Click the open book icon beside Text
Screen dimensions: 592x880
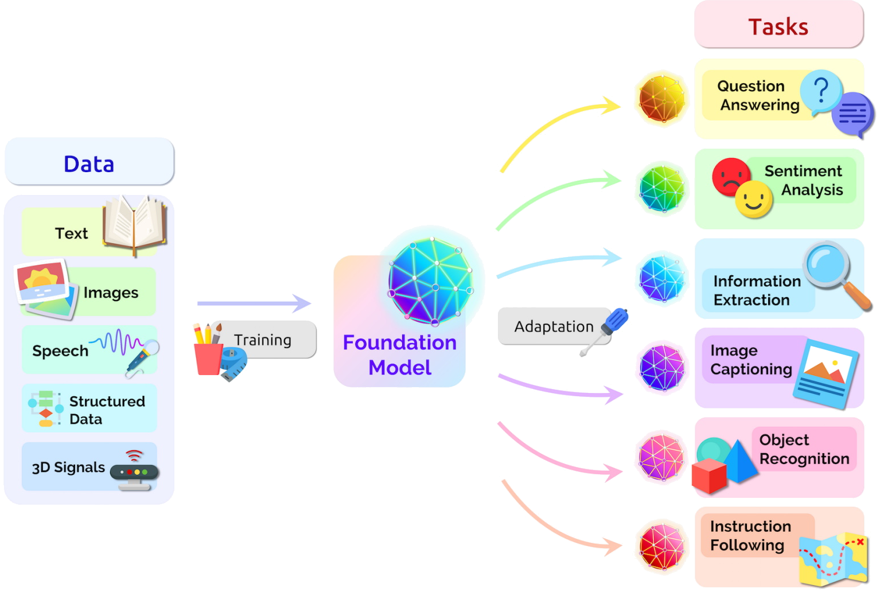coord(135,225)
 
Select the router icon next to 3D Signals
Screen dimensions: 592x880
coord(134,473)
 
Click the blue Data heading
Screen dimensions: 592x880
coord(89,164)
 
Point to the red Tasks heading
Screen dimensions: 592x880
coord(778,27)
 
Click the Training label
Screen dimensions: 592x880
coord(263,340)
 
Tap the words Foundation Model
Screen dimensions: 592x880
coord(399,355)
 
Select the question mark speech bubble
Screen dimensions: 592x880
coord(821,92)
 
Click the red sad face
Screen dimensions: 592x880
coord(731,176)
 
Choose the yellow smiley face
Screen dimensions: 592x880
coord(754,200)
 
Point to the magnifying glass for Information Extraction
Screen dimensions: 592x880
coord(834,273)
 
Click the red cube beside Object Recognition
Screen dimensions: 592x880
coord(709,476)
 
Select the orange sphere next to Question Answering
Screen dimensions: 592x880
coord(662,98)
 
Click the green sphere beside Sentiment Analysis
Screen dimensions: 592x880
coord(662,188)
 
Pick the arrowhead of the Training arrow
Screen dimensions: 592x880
coord(302,303)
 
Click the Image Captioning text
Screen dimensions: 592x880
coord(751,360)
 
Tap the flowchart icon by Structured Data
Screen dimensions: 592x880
coord(46,408)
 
